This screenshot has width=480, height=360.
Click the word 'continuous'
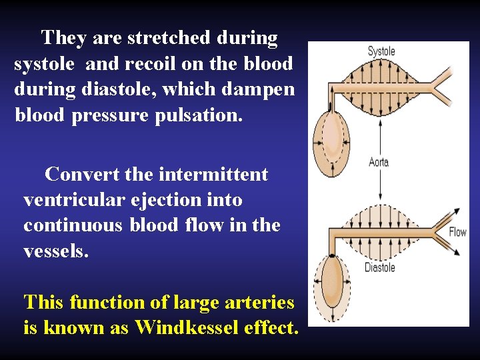pyautogui.click(x=73, y=225)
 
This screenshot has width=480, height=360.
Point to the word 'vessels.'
pyautogui.click(x=55, y=251)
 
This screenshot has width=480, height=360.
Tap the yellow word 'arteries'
pyautogui.click(x=257, y=303)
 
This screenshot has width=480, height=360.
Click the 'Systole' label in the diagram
pyautogui.click(x=381, y=51)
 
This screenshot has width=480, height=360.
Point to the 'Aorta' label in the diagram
pyautogui.click(x=378, y=162)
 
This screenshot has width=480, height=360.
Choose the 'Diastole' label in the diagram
pyautogui.click(x=379, y=267)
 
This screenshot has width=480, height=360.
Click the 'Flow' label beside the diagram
pyautogui.click(x=457, y=232)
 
